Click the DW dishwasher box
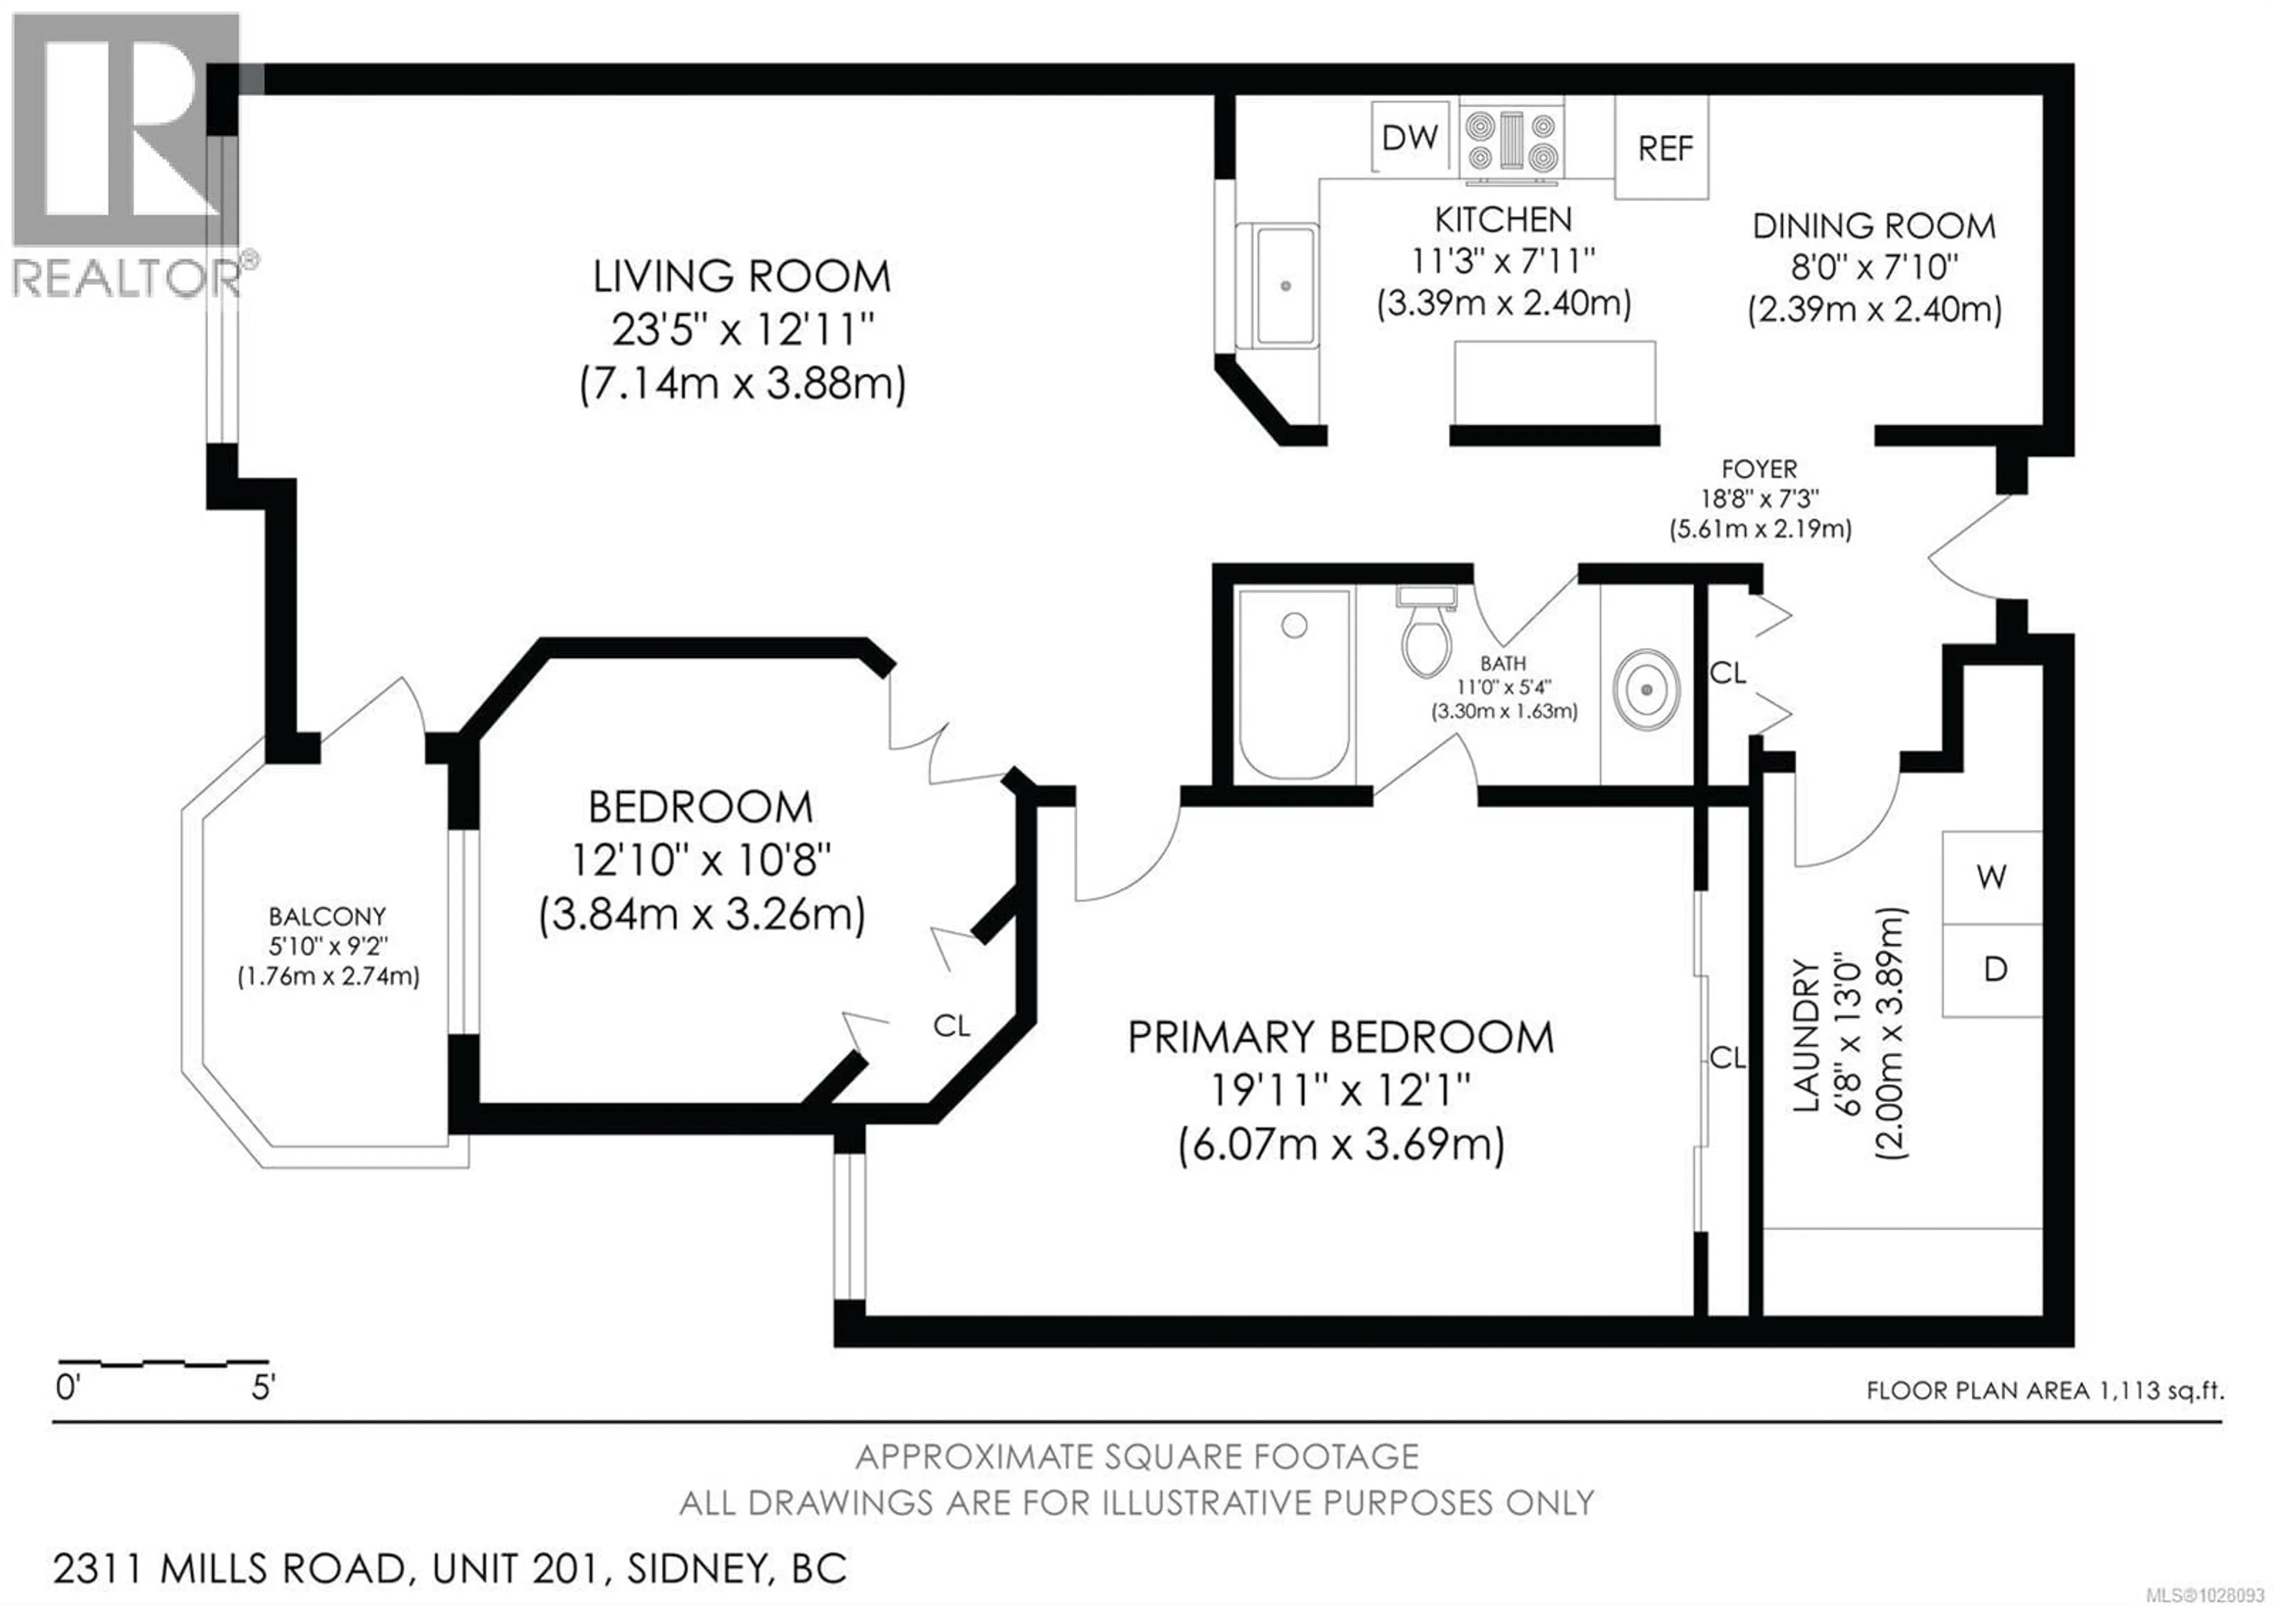pos(1409,137)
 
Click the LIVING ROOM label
pos(742,276)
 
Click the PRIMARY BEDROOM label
pos(1341,1038)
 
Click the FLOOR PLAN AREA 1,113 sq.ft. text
pos(2045,1390)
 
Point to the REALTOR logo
pos(127,159)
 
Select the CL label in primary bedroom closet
pos(1727,1058)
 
